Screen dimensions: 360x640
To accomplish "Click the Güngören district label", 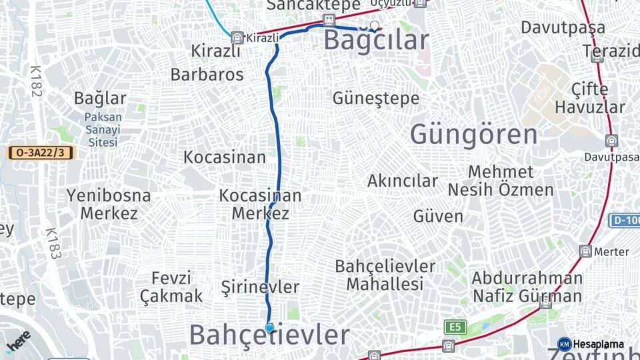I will (x=473, y=134).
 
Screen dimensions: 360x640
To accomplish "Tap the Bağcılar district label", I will (x=376, y=41).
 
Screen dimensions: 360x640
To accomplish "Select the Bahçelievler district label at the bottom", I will (x=269, y=335).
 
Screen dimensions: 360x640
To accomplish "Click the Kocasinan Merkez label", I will (x=260, y=205).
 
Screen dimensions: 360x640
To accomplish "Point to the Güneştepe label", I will (x=376, y=99).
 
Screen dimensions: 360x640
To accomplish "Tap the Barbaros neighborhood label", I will (x=207, y=74).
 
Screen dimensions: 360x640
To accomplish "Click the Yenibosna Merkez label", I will (x=109, y=205).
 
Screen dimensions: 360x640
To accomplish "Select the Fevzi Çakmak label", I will (x=171, y=287).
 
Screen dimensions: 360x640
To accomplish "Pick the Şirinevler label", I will (x=260, y=287).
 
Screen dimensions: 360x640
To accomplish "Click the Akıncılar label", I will (x=403, y=181).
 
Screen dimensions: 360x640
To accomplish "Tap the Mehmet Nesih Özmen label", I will (x=501, y=181).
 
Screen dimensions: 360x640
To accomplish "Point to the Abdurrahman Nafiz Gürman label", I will (x=527, y=287).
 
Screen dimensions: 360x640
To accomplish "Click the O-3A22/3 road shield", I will (x=41, y=153).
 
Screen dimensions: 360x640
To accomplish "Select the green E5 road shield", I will (x=455, y=327).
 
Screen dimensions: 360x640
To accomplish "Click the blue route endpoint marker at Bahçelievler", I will (x=269, y=327).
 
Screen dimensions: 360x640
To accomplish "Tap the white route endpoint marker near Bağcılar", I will (x=375, y=26).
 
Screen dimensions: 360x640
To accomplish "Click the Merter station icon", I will (x=585, y=251).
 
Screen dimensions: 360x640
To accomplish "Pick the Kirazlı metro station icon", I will (x=237, y=37).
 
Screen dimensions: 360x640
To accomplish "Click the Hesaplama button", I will (x=591, y=344).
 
